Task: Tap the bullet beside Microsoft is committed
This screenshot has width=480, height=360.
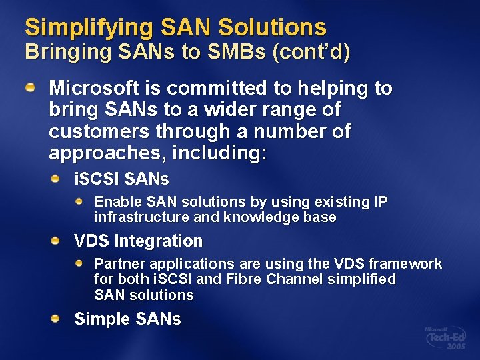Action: point(31,87)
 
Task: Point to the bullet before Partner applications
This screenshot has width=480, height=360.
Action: point(79,263)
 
